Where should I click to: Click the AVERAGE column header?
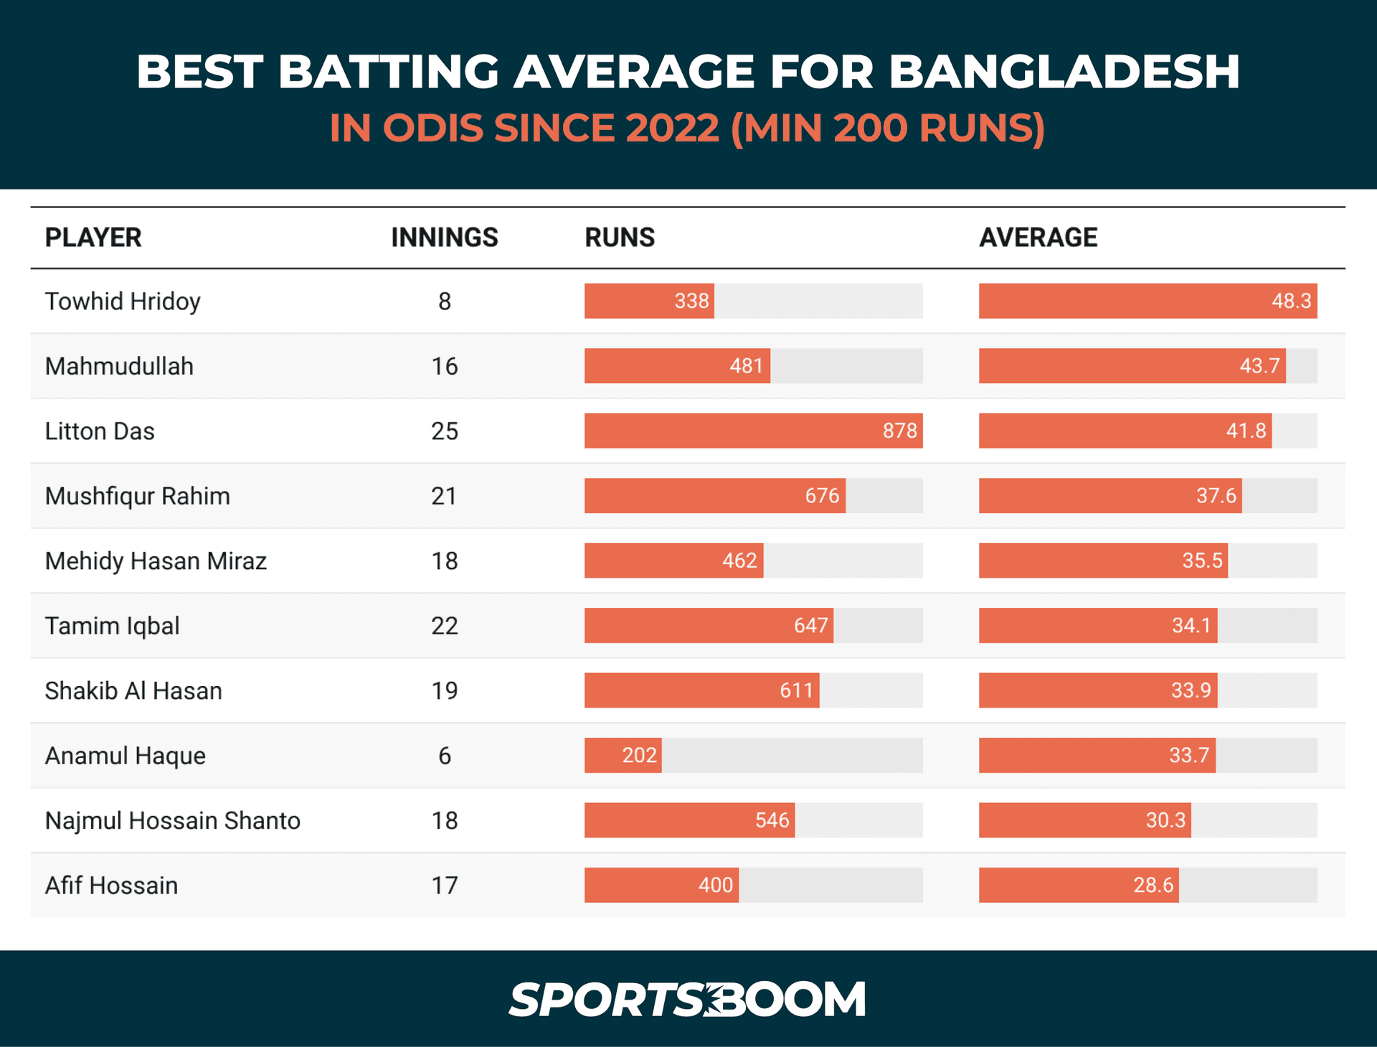(x=1038, y=238)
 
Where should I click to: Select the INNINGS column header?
(x=444, y=238)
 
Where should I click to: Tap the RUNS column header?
(x=620, y=238)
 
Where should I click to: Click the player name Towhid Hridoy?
(x=123, y=301)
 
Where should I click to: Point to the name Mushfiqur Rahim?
(x=138, y=496)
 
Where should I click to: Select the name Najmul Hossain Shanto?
(x=173, y=820)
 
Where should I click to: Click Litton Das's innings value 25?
(x=444, y=431)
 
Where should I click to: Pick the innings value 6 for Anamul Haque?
(x=445, y=756)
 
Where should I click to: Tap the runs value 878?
(x=899, y=431)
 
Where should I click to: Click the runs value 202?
(x=639, y=755)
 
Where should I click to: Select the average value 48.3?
(x=1291, y=301)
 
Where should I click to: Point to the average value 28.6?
(x=1153, y=885)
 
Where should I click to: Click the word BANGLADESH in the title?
(x=1064, y=72)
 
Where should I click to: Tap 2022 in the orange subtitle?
(x=672, y=128)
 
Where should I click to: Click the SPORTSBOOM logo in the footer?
(x=688, y=999)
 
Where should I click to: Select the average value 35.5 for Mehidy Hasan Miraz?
(x=1202, y=560)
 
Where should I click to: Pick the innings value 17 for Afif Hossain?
(x=445, y=886)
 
